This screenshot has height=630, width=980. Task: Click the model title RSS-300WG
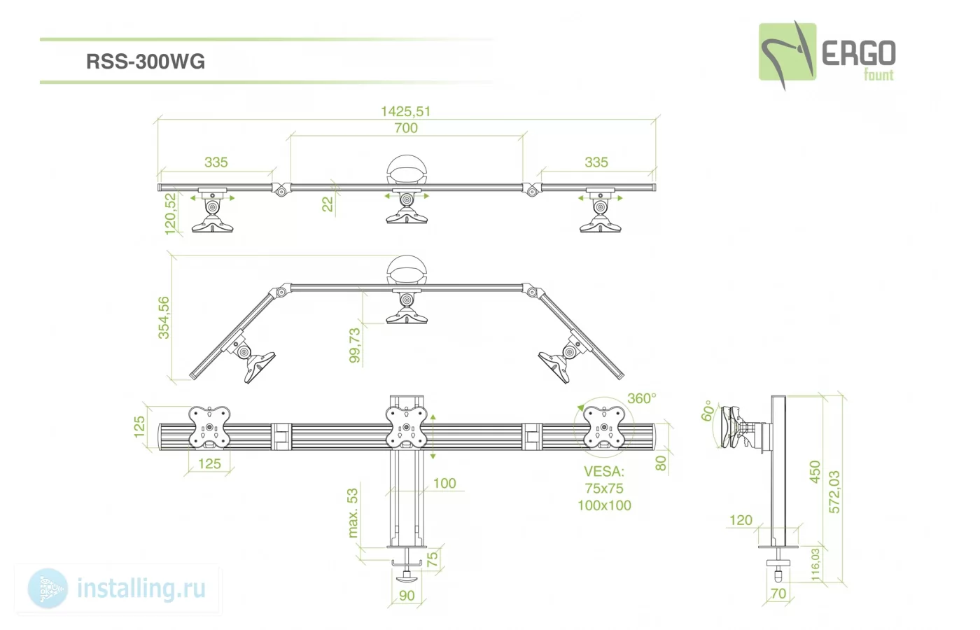(146, 62)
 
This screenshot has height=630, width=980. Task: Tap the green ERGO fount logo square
(787, 52)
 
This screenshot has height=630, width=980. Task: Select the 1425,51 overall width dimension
(405, 111)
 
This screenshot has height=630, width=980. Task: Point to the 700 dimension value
(406, 127)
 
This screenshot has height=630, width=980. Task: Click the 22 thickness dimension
(328, 204)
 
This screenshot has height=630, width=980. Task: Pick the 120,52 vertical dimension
(169, 214)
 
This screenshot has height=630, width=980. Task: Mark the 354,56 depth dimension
(163, 318)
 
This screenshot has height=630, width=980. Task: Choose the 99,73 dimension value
(355, 346)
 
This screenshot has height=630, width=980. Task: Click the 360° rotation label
(642, 398)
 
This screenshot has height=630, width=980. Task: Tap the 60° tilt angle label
(707, 411)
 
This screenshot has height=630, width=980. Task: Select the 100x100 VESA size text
(604, 505)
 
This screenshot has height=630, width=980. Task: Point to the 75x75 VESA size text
(604, 489)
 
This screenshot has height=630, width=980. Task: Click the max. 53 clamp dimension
(352, 512)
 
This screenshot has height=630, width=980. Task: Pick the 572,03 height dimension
(834, 491)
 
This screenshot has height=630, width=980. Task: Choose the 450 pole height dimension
(815, 472)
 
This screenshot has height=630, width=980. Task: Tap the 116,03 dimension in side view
(815, 565)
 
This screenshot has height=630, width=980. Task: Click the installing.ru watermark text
(141, 589)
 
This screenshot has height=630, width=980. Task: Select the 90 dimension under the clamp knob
(407, 596)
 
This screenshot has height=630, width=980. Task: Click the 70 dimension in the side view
(778, 594)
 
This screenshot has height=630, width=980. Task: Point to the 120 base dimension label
(741, 520)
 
